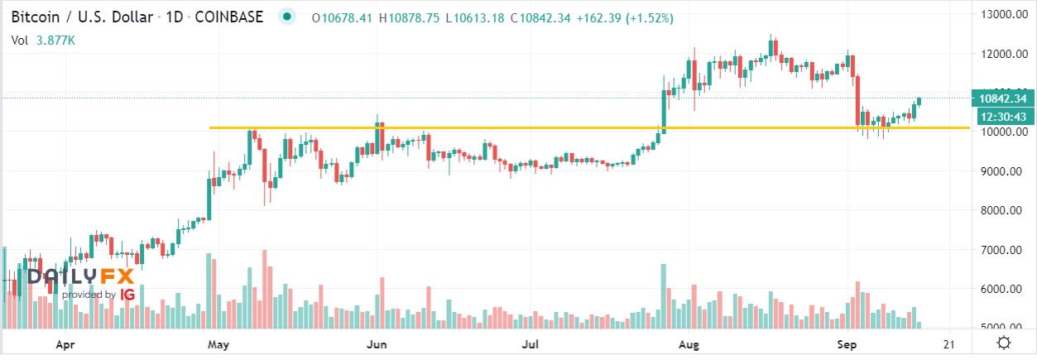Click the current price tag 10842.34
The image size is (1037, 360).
[x=1002, y=98]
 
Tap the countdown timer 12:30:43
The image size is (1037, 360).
[x=1002, y=117]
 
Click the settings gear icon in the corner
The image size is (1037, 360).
[x=1002, y=343]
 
